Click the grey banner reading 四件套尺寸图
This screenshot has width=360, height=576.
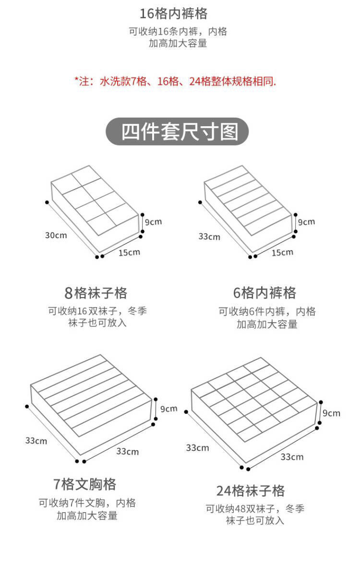point(177,132)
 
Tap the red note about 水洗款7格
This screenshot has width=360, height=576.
point(175,81)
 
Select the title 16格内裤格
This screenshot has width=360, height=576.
point(173,13)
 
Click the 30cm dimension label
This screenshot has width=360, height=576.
point(56,235)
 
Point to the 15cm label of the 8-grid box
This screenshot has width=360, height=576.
point(129,252)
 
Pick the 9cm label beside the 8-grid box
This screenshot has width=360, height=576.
point(154,222)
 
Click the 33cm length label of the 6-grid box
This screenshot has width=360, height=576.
point(209,237)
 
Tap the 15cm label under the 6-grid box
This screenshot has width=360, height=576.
point(282,252)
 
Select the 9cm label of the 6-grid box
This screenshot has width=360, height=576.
point(306,222)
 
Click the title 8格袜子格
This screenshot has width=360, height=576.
point(96,293)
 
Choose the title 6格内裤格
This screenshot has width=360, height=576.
point(264,293)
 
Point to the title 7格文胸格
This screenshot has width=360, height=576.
point(85,484)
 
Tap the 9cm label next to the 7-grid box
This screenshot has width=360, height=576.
point(168,409)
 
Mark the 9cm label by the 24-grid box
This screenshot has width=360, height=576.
point(331,413)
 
